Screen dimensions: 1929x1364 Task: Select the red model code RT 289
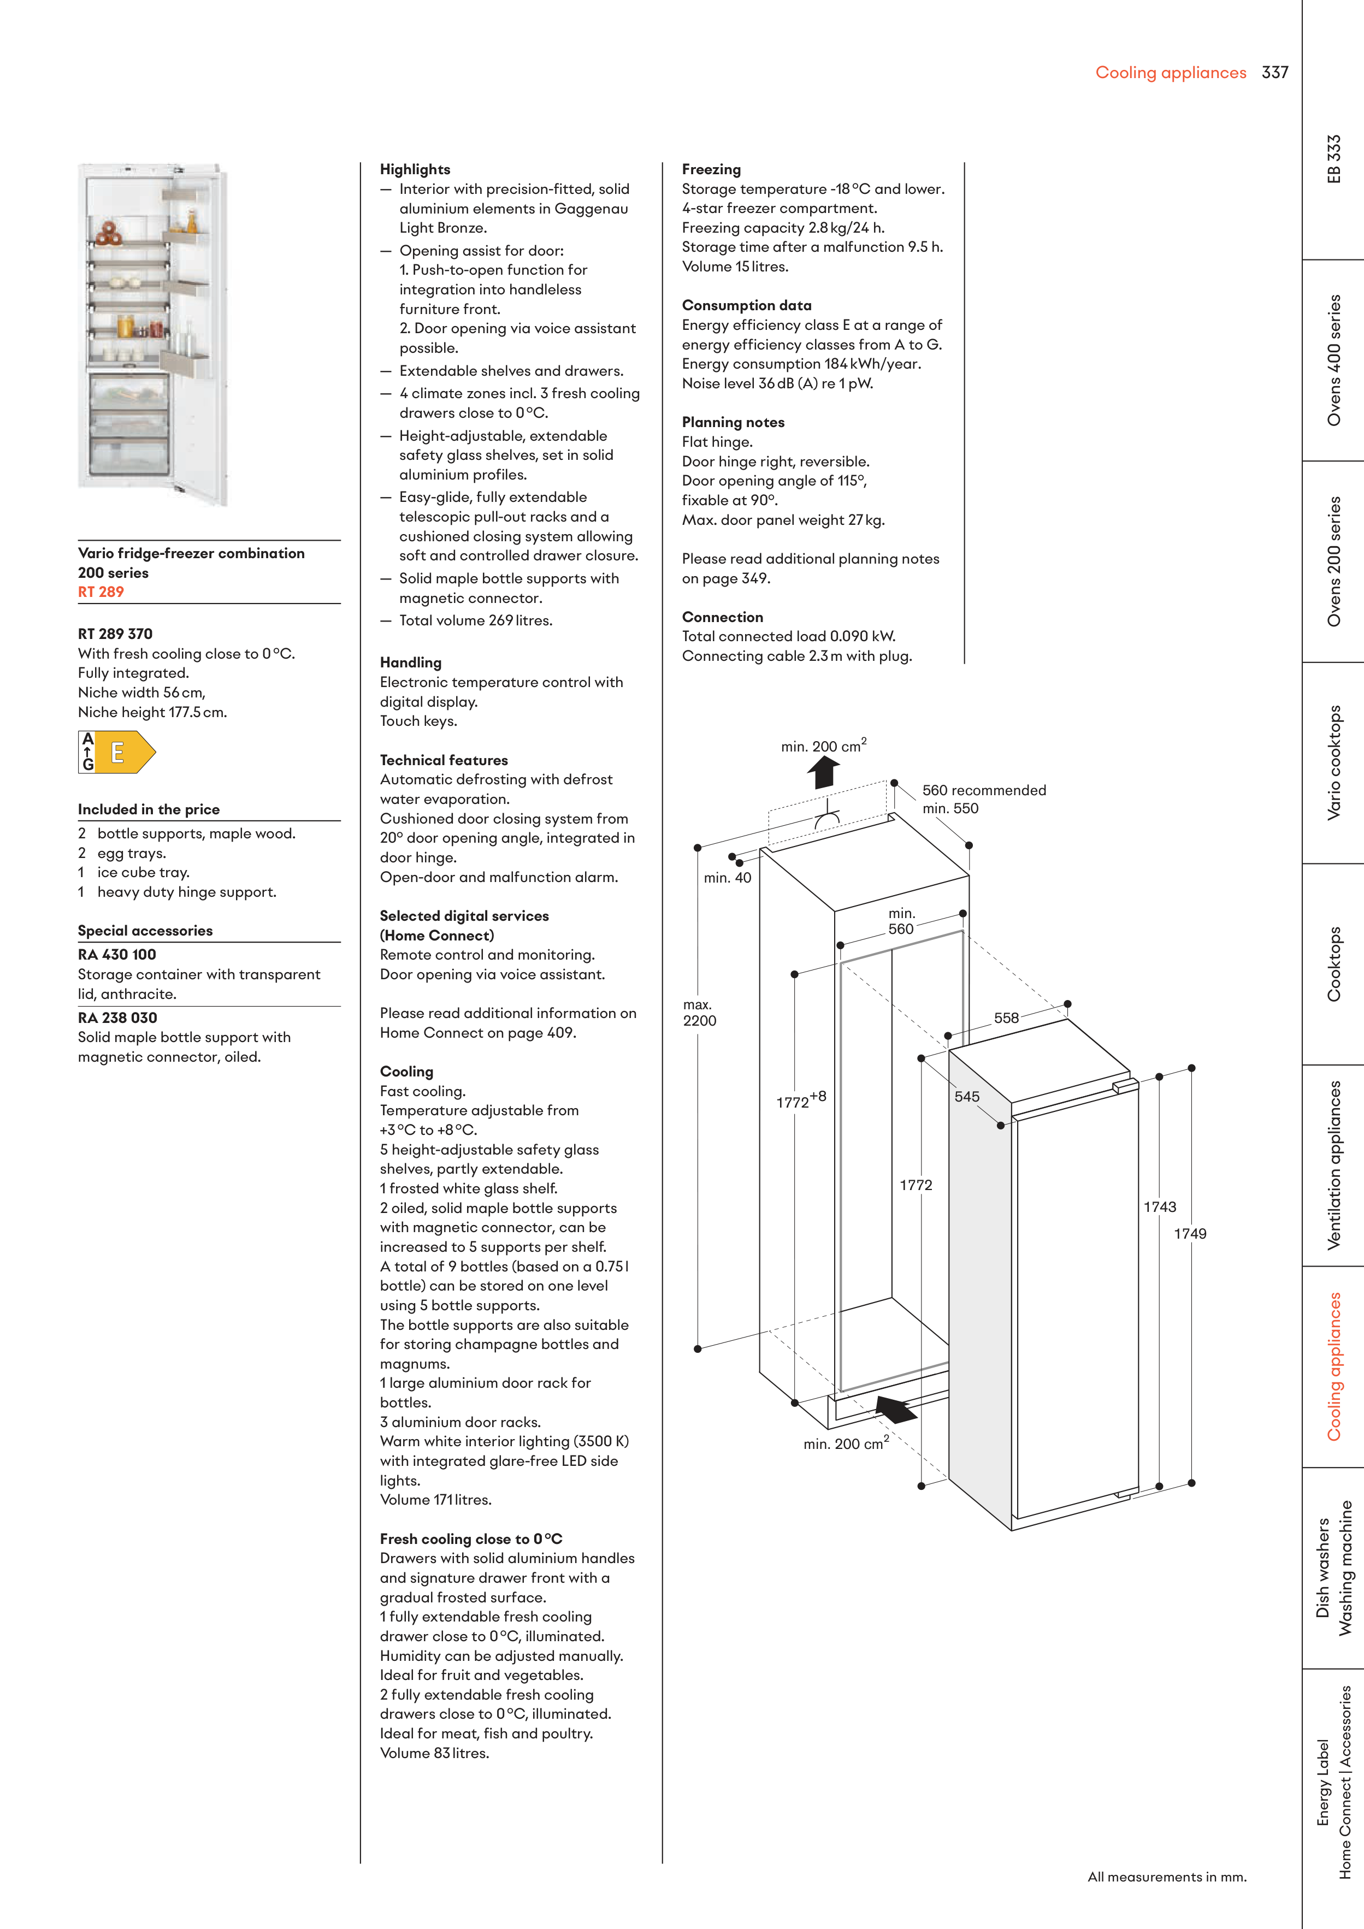pos(101,593)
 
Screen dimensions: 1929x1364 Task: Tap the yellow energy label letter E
pos(117,752)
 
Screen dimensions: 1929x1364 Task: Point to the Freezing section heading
pos(711,170)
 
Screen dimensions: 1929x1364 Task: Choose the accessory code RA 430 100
pos(117,955)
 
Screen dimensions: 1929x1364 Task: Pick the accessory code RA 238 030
pos(117,1017)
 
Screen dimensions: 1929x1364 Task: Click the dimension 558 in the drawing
pos(1006,1018)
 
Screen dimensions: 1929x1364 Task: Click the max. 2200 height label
pos(699,1013)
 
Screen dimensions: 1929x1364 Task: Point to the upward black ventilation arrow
pos(824,771)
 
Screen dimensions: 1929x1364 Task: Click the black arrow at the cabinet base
pos(896,1408)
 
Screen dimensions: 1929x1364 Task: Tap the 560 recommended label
pos(984,791)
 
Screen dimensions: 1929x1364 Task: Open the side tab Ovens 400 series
pos(1334,359)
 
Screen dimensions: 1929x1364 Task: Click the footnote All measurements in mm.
pos(1166,1877)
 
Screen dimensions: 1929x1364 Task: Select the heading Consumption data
pos(746,306)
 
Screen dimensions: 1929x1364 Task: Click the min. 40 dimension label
pos(727,878)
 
